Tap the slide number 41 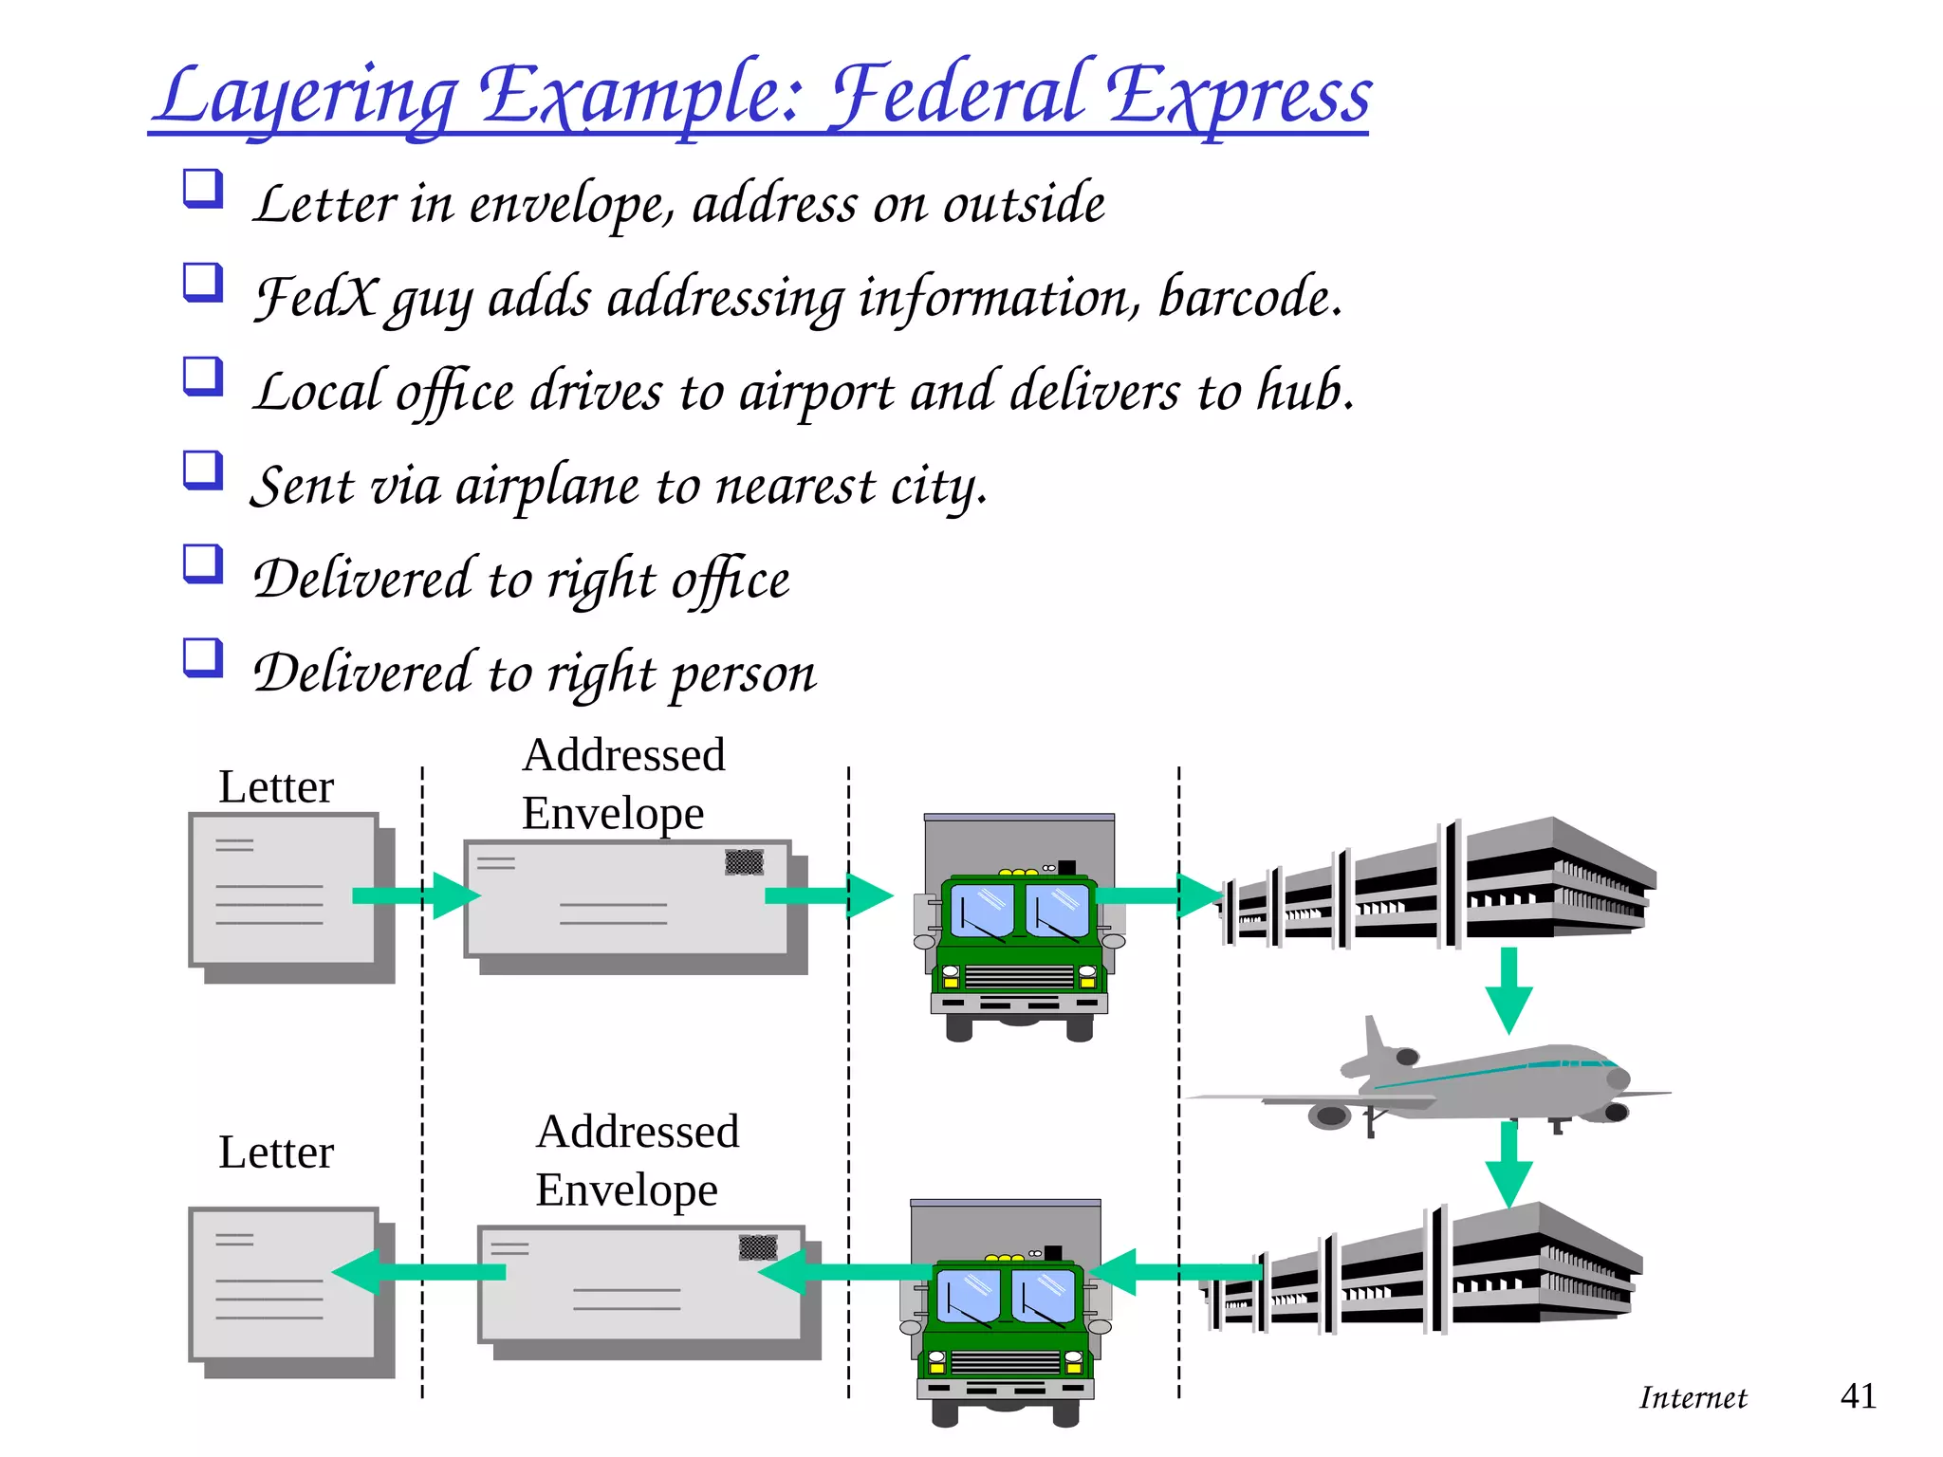[x=1858, y=1396]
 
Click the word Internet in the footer [x=1693, y=1398]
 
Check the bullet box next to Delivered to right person [x=203, y=657]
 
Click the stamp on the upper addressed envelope [x=744, y=862]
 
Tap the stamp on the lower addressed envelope [x=757, y=1247]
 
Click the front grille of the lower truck [x=1006, y=1363]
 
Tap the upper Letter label [x=276, y=787]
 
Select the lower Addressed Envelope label [x=636, y=1160]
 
